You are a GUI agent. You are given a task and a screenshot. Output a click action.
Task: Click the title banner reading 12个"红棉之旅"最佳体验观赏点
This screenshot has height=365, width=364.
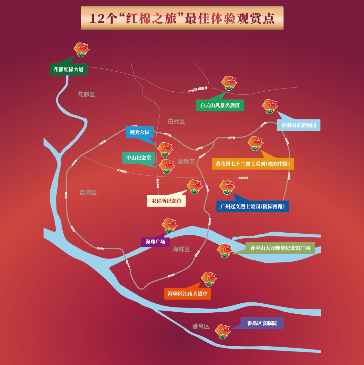(182, 18)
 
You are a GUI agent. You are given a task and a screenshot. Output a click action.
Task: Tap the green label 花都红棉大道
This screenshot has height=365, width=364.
(68, 69)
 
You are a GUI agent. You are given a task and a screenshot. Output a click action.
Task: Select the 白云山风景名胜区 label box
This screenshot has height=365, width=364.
(220, 106)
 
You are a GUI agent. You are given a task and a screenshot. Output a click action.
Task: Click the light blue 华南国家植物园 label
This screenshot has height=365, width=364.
(298, 125)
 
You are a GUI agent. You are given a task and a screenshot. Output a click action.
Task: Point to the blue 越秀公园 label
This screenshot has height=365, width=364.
(140, 132)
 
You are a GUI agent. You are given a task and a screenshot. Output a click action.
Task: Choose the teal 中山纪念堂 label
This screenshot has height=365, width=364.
(139, 158)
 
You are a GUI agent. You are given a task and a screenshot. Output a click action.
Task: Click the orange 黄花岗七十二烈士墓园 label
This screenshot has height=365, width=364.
(253, 164)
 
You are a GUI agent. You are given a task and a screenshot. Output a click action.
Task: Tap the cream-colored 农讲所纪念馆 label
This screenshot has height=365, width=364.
(166, 201)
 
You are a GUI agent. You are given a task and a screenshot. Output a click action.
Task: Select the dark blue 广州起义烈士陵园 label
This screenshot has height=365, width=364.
(253, 207)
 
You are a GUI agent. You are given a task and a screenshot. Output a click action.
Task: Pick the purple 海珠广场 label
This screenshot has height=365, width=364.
(155, 242)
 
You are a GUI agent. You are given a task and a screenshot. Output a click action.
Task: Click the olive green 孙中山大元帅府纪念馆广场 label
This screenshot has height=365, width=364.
(280, 248)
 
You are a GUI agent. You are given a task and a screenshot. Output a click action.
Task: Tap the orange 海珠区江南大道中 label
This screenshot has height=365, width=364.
(187, 294)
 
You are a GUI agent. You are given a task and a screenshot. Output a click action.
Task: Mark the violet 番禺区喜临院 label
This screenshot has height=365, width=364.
(262, 323)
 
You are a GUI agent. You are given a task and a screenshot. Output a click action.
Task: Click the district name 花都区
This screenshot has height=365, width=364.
(86, 94)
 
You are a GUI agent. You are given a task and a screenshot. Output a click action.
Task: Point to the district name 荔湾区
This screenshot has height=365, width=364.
(88, 192)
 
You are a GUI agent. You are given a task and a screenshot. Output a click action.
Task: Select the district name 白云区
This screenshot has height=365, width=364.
(176, 121)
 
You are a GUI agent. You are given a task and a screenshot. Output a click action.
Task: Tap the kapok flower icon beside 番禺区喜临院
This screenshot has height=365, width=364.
(223, 331)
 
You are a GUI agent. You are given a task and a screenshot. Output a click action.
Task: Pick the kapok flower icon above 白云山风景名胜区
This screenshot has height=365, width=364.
(229, 83)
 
